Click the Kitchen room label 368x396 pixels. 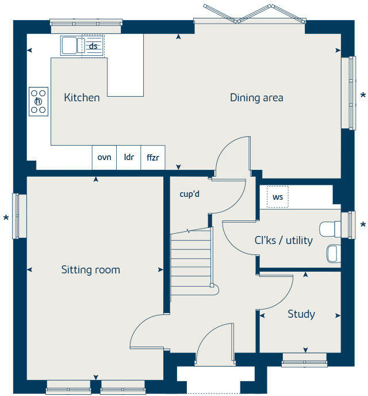coord(82,98)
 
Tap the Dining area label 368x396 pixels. coord(256,98)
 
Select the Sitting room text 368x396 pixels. coord(91,269)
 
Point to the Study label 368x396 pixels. coord(301,314)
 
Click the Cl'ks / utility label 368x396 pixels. coord(283,240)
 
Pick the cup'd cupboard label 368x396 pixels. coord(189,194)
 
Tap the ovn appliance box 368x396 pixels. coord(104,157)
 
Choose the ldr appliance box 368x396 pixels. coord(129,157)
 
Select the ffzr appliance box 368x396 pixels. coord(152,157)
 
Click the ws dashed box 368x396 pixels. coord(278,197)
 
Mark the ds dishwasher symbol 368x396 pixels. coord(93,46)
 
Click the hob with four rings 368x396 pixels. coord(39,101)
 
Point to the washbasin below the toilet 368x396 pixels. coord(333,253)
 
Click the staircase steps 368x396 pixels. coord(191,262)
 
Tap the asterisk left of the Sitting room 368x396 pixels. coord(6,218)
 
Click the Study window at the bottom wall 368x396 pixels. coord(304,363)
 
